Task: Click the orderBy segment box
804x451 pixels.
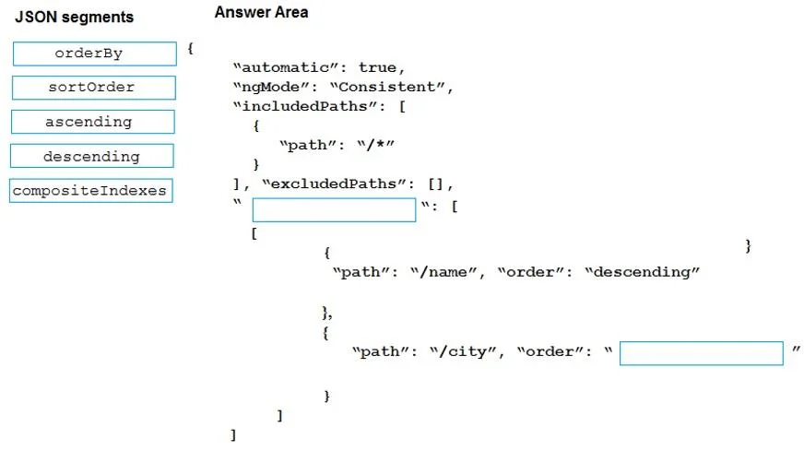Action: [x=95, y=53]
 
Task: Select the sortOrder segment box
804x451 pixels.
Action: [x=94, y=88]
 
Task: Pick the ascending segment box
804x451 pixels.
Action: [x=93, y=122]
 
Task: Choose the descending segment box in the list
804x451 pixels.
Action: [x=92, y=156]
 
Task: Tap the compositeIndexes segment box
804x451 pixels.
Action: [x=90, y=190]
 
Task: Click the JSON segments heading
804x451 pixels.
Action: [x=75, y=17]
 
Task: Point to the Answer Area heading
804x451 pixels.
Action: [x=262, y=12]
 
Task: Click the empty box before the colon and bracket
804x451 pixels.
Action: [x=334, y=210]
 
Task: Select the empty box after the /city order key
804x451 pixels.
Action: [x=702, y=353]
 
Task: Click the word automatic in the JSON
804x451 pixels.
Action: [x=285, y=67]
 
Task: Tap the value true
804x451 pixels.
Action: [x=377, y=67]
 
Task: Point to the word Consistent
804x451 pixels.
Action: [x=386, y=88]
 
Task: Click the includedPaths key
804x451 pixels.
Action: [x=304, y=107]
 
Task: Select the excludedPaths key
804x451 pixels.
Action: [x=333, y=184]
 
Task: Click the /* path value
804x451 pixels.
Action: [x=376, y=145]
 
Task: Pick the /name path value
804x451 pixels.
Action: [x=444, y=272]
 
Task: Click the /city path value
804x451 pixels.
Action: [x=464, y=352]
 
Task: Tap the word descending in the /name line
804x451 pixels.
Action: [x=642, y=272]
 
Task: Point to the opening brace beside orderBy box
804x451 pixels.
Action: [x=190, y=49]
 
